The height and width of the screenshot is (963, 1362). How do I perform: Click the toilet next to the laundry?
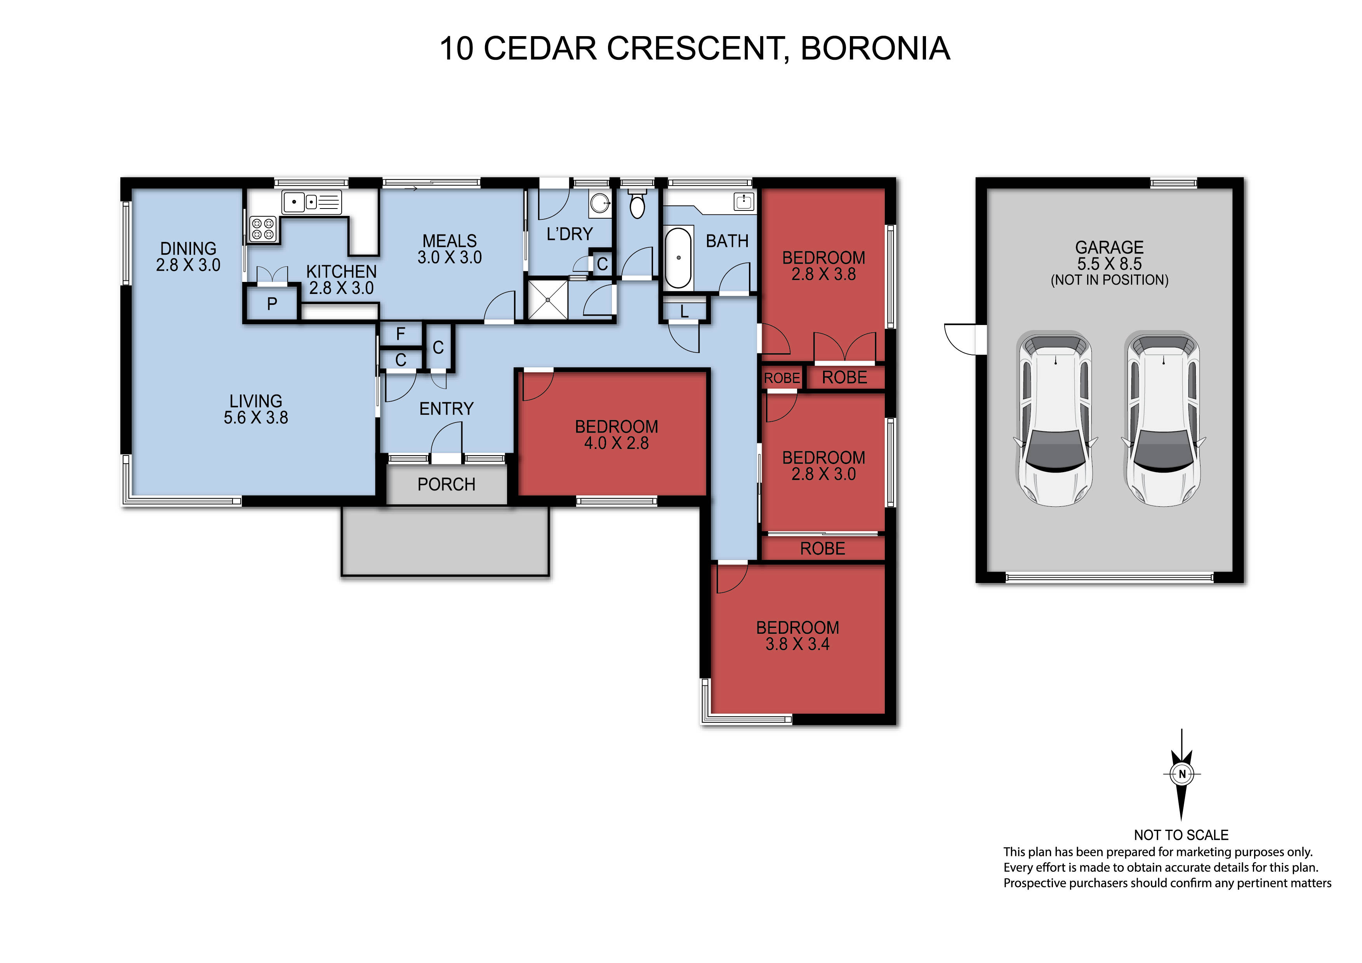coord(637,203)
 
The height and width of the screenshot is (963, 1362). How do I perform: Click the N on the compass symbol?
coord(1182,774)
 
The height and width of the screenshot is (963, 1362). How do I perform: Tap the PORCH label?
coord(446,485)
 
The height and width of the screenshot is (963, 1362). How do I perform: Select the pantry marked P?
coord(272,304)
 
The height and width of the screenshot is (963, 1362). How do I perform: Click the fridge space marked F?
coord(400,334)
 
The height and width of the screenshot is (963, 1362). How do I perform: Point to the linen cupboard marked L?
coord(684,311)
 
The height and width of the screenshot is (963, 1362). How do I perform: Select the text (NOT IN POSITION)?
coord(1109,280)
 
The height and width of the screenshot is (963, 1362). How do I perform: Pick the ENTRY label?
coord(446,409)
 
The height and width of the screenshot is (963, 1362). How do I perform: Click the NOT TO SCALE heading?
coord(1181,835)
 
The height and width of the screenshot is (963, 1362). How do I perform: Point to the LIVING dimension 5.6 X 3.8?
coord(256,418)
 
